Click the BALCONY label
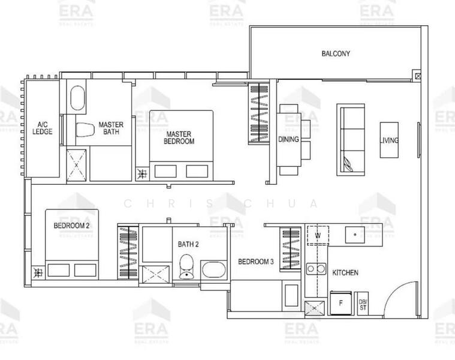(x=336, y=53)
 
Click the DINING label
(x=288, y=139)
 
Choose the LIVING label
(x=389, y=140)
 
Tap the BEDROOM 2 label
(x=71, y=226)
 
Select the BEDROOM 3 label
(x=256, y=262)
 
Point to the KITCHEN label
(x=345, y=272)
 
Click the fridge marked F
(x=341, y=302)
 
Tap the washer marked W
(x=318, y=235)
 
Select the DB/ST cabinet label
(x=363, y=304)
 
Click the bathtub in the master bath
(x=78, y=98)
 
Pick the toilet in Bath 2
(x=186, y=266)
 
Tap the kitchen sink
(x=355, y=235)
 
